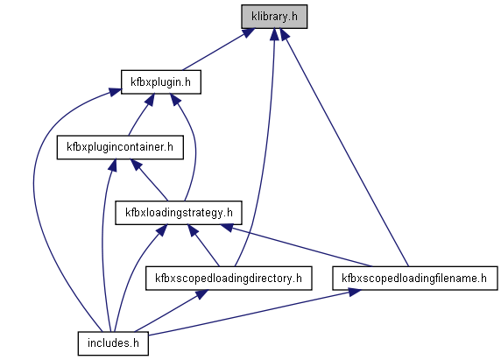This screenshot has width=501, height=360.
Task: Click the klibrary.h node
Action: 274,17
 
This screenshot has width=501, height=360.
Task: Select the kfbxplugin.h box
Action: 161,82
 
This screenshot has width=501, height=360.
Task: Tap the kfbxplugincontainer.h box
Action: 120,147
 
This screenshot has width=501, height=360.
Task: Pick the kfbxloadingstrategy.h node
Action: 179,213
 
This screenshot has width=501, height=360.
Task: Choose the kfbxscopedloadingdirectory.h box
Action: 229,279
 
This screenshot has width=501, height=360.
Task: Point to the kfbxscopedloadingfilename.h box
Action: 415,279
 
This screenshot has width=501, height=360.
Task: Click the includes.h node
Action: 113,343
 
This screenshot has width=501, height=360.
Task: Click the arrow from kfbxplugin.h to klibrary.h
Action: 218,50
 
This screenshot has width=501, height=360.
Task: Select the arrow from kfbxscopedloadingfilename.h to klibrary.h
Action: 344,147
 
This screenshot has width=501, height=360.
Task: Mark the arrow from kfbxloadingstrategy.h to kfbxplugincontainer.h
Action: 149,180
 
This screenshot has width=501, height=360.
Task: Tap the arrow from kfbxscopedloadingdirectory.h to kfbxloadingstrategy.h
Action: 203,245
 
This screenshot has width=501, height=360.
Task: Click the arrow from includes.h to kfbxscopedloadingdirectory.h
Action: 172,311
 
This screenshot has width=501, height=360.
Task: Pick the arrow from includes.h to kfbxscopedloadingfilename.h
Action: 255,313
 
